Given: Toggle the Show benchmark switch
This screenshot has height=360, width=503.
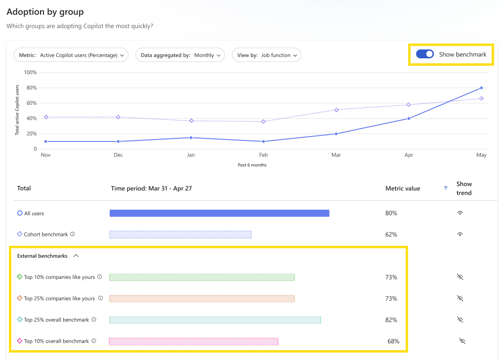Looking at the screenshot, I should tap(424, 54).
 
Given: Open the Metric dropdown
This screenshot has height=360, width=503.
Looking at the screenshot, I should tap(71, 55).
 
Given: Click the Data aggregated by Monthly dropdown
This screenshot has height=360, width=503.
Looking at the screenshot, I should tap(180, 55).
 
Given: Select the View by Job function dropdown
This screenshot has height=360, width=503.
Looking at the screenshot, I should tap(266, 55).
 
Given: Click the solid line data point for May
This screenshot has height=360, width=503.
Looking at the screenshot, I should tap(481, 88).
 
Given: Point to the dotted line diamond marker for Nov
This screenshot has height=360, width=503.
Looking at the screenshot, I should tap(46, 117).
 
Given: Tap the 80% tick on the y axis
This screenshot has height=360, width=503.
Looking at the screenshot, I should tap(31, 88).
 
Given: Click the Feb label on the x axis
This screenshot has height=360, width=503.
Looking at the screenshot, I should tap(263, 155).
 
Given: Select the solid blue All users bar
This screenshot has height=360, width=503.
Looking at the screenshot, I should tap(219, 213).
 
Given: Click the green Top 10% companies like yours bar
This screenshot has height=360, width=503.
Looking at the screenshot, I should tap(202, 277).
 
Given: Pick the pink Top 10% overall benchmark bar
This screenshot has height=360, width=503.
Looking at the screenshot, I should tap(193, 341).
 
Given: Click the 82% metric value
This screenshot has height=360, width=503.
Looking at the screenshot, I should tap(391, 320).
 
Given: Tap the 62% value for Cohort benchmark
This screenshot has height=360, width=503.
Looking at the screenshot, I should tap(391, 234).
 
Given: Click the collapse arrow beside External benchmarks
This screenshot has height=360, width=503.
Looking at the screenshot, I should tap(76, 256).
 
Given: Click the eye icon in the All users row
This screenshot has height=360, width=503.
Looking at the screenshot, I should tap(460, 213).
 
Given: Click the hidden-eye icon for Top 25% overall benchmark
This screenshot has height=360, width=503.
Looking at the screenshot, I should tap(460, 320).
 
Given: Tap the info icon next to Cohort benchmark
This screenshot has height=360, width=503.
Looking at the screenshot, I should tap(73, 234).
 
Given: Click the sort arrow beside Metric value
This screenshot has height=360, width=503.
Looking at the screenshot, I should tap(446, 188).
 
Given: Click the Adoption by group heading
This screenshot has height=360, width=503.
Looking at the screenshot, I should tap(45, 12).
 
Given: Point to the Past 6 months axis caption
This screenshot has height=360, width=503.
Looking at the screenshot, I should tap(252, 165).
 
